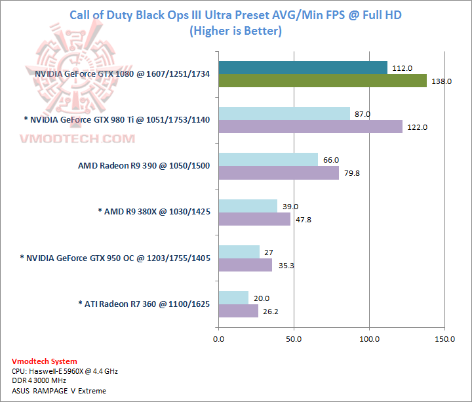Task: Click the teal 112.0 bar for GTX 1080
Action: pos(302,68)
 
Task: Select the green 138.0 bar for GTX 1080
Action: pos(322,81)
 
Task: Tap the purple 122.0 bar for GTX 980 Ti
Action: pos(310,127)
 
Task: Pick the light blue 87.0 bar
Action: pos(284,113)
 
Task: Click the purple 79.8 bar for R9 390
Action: pos(279,172)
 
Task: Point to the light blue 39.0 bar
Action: pos(248,206)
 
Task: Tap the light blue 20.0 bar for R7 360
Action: pos(233,298)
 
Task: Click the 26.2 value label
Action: pos(272,312)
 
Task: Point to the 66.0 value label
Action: pos(332,160)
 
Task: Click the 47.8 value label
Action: pos(304,219)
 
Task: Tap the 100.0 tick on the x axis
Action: pos(370,339)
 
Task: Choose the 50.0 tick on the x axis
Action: pos(294,339)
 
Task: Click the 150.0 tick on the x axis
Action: pos(445,339)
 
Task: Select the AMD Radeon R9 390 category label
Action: pos(144,165)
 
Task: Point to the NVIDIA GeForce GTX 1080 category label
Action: pos(123,74)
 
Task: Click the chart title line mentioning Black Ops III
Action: pos(235,15)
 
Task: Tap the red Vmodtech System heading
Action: pos(45,361)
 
